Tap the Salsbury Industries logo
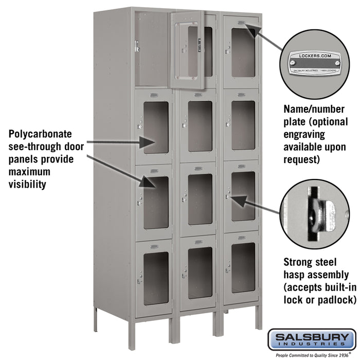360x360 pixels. coord(316,339)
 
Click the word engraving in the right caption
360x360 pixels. coord(304,134)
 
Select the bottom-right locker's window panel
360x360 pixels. coord(243,267)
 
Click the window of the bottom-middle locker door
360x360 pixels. coord(200,272)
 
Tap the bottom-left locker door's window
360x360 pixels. coord(156,278)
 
